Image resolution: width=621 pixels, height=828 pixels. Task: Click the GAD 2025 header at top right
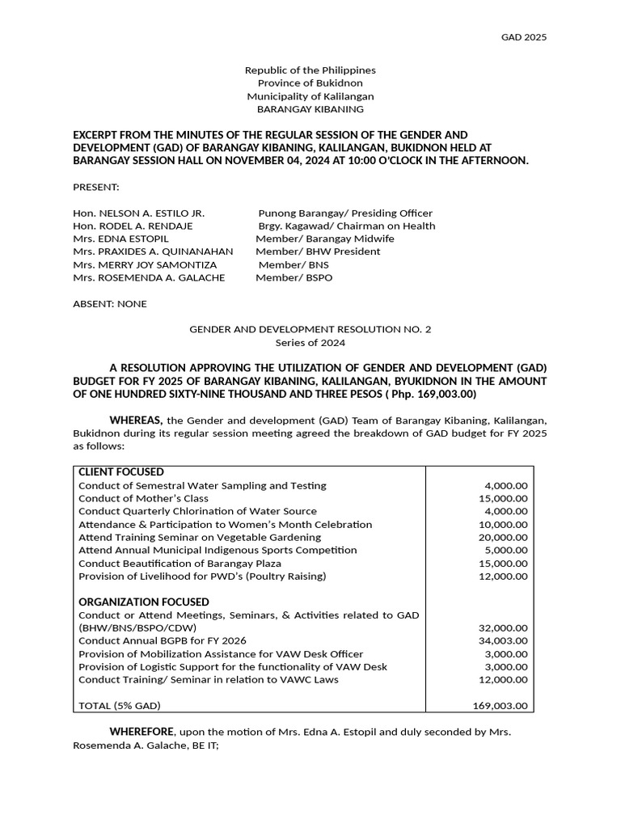coord(524,37)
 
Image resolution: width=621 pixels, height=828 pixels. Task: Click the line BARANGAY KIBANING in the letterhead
coord(310,109)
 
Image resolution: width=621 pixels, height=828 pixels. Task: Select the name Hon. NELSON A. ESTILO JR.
coord(138,213)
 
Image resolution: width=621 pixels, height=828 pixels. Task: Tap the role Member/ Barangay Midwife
coord(325,239)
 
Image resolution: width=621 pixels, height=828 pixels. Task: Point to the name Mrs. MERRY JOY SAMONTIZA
coord(145,264)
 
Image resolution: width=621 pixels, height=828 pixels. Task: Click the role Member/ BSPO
coord(294,277)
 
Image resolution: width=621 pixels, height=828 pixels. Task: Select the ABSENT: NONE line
coord(110,304)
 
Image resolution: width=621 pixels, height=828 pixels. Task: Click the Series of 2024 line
coord(310,342)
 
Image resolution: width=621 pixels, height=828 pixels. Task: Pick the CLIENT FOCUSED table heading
coord(121,471)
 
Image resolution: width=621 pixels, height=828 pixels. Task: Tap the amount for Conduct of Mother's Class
coord(503,498)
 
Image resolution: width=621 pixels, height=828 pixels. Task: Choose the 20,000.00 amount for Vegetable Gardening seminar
coord(503,537)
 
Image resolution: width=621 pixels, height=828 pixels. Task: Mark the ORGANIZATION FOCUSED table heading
coord(144,602)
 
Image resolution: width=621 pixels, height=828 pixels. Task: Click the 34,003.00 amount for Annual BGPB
coord(503,640)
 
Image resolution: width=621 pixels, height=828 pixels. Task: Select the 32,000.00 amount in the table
coord(503,627)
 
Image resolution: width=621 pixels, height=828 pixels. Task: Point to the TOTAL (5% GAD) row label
coord(120,705)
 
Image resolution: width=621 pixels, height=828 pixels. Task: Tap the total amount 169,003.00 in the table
coord(500,705)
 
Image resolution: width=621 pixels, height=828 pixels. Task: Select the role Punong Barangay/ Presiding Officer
coord(345,213)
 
